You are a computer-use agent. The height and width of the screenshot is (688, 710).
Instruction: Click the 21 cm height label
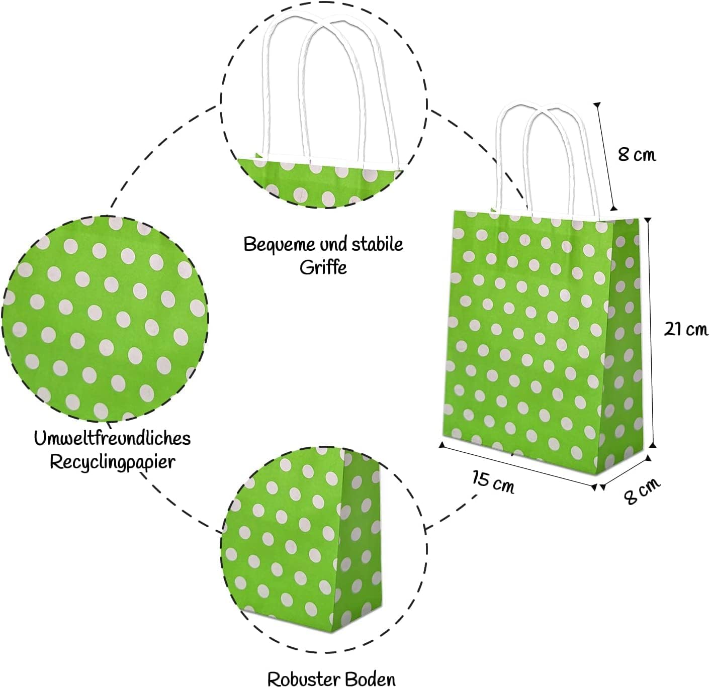(685, 330)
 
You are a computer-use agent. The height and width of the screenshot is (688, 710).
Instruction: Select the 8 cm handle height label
(637, 154)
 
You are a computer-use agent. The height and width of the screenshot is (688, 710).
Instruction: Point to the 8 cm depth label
(642, 490)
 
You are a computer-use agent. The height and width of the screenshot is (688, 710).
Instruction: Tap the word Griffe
(323, 267)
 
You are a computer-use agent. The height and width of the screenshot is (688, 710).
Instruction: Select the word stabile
(377, 244)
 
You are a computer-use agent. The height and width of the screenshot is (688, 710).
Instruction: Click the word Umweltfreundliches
(112, 438)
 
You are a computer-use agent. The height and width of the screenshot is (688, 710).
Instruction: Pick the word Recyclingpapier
(112, 462)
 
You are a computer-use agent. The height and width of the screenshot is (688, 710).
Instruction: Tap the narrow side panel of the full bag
(626, 342)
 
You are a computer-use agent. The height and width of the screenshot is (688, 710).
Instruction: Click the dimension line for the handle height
(605, 156)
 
